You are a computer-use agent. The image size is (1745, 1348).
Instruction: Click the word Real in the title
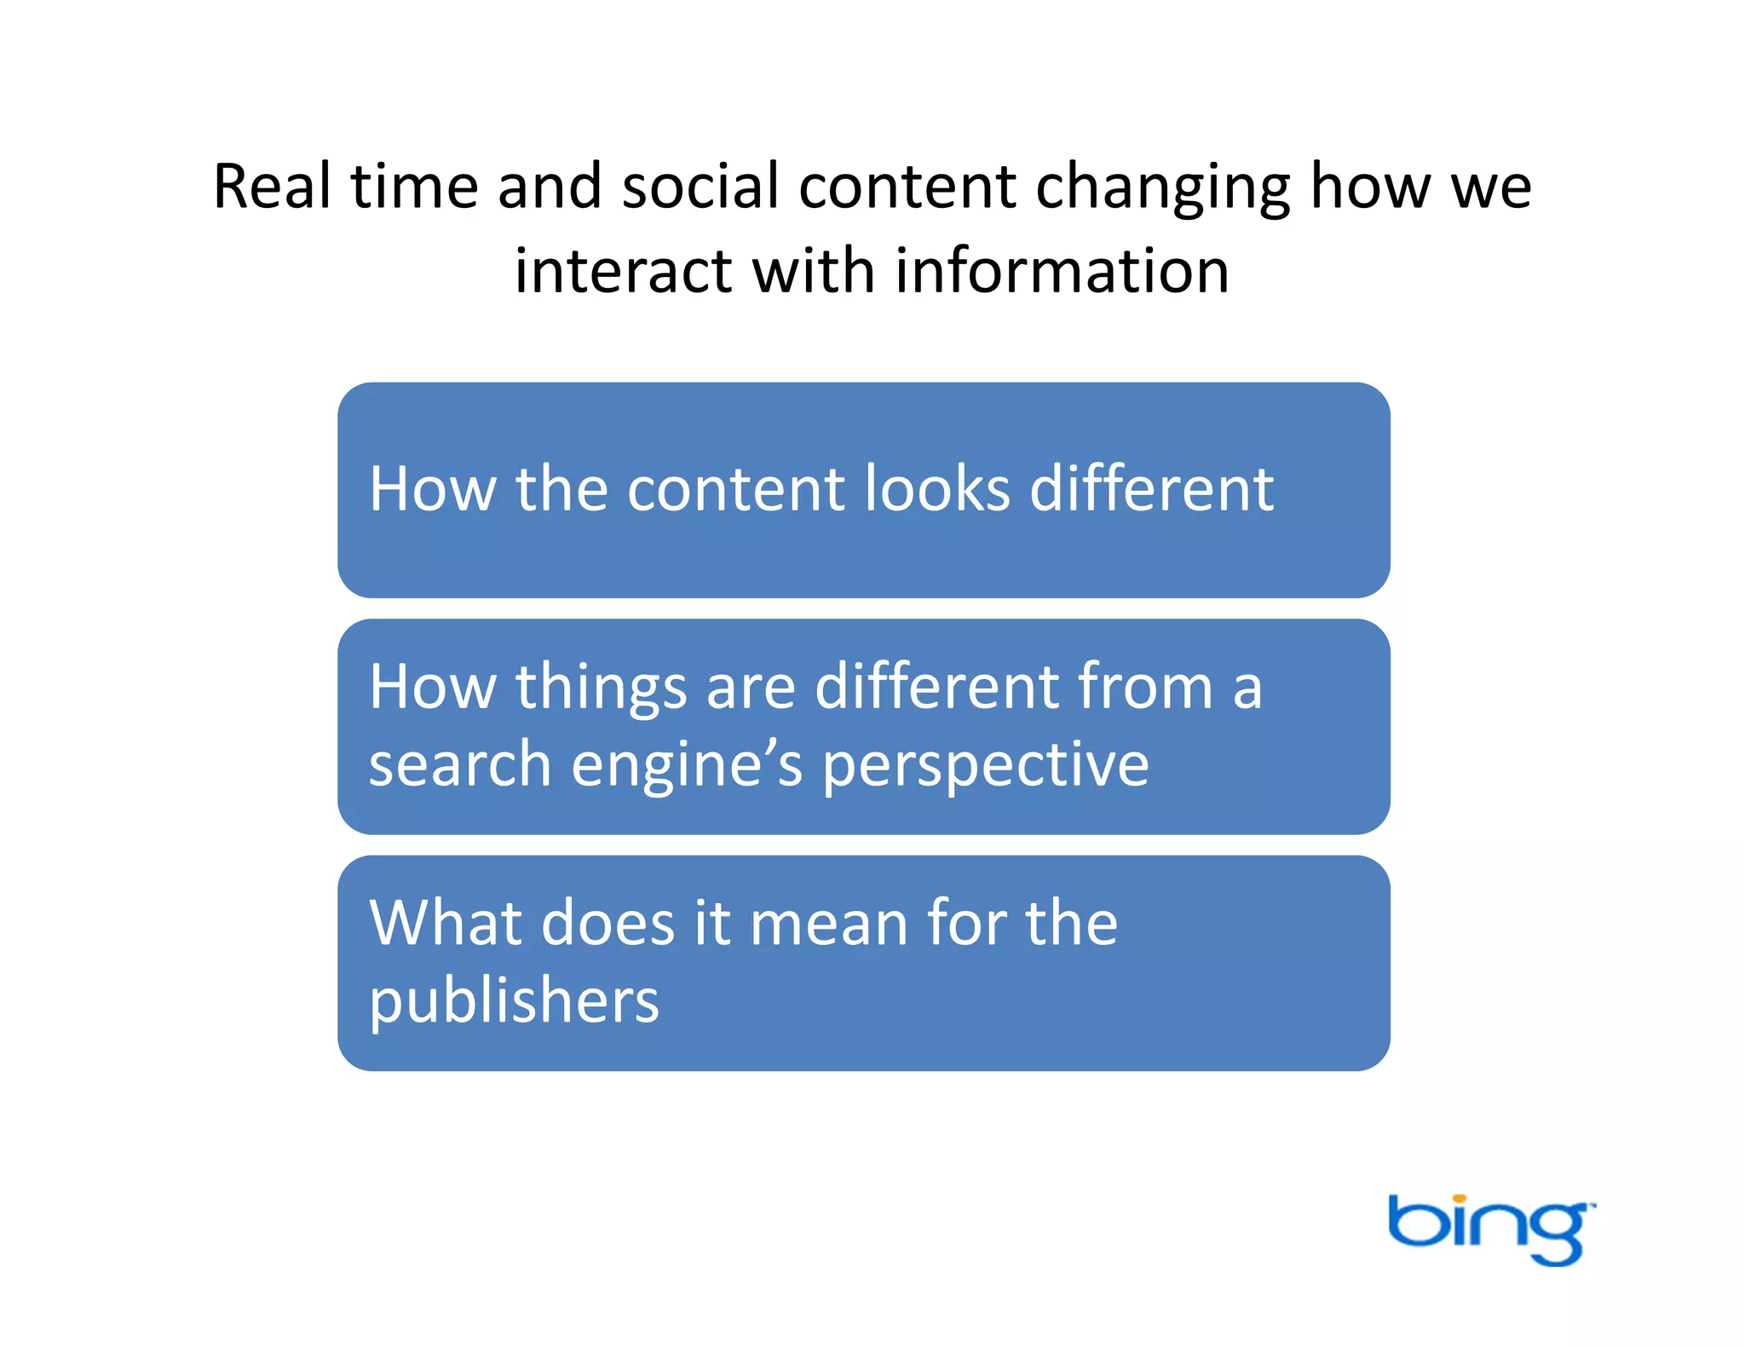click(272, 187)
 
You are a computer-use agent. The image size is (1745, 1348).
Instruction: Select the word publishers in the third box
click(514, 1002)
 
